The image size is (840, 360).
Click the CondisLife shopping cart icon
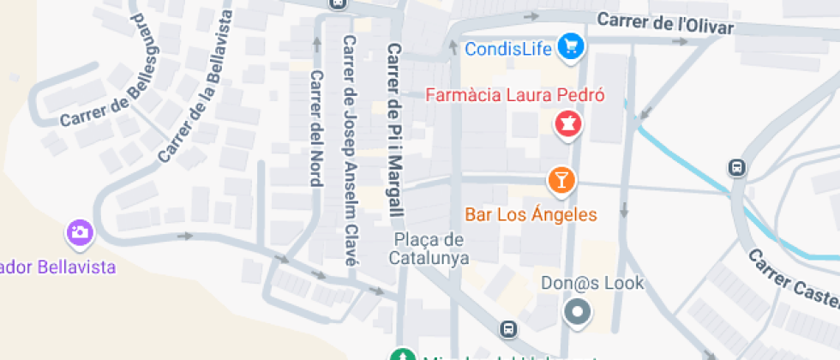(x=571, y=47)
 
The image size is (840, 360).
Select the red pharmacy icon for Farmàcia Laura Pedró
(x=567, y=125)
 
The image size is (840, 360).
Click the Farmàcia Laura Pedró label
(x=516, y=94)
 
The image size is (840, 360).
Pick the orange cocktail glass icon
(x=561, y=180)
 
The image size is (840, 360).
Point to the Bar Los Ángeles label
(x=531, y=213)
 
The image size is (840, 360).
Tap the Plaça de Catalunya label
(x=429, y=248)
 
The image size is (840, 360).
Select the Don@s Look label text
(x=592, y=282)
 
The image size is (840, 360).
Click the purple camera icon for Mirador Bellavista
(x=80, y=231)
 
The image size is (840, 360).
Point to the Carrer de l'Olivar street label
(x=666, y=24)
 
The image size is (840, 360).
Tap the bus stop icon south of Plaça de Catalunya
(x=509, y=329)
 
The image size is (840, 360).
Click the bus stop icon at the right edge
(x=737, y=168)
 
